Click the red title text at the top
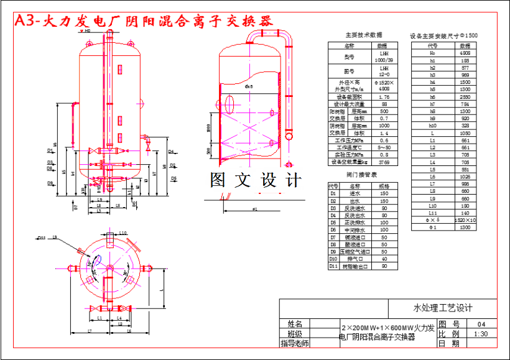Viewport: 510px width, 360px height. pos(143,20)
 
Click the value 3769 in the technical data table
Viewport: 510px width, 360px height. pos(384,162)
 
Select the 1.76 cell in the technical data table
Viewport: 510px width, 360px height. pos(384,97)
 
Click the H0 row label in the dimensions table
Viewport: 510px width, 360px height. pos(432,53)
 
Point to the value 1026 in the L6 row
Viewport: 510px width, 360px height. pos(464,177)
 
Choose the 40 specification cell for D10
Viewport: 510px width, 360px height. pos(384,259)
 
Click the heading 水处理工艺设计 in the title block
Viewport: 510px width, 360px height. pos(443,308)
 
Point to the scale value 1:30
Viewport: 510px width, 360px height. pos(480,333)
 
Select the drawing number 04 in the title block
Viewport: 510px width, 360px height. pos(480,324)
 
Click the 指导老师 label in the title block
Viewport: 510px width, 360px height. pos(295,343)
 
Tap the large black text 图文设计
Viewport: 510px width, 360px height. pos(256,181)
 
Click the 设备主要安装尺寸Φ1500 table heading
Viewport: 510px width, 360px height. pos(444,36)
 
